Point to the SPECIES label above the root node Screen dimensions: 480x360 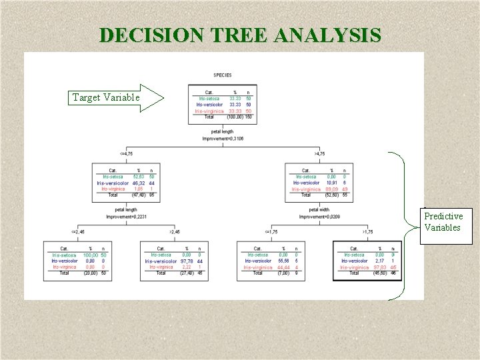(223, 75)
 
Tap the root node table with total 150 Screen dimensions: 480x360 (222, 105)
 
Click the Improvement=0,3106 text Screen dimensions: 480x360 (223, 139)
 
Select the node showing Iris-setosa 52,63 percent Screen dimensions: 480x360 (127, 182)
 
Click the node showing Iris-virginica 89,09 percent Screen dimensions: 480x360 (319, 182)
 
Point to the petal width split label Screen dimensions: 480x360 (319, 210)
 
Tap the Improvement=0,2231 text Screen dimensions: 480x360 (127, 216)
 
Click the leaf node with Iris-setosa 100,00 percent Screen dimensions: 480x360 (79, 260)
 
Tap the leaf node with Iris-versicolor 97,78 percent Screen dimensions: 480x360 (175, 260)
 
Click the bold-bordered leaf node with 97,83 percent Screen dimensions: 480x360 (368, 260)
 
